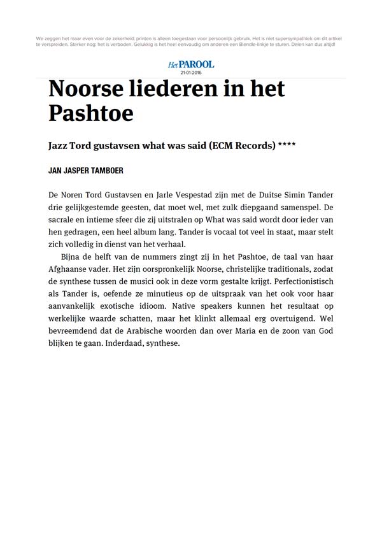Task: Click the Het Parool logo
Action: [191, 64]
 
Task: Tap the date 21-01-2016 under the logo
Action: [191, 73]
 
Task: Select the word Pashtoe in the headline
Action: [91, 113]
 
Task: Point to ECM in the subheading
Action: [229, 145]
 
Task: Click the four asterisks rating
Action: [287, 145]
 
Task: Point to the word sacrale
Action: [62, 220]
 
